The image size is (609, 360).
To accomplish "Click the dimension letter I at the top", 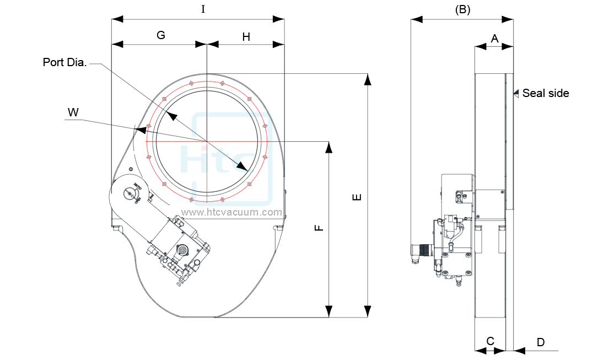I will pos(203,9).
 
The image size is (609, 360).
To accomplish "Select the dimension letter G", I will pos(161,35).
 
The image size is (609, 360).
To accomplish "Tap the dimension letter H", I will pos(246,37).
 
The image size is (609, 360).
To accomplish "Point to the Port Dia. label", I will pos(64,62).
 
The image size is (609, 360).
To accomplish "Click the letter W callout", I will pos(73,112).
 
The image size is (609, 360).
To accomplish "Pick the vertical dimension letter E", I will pos(357,196).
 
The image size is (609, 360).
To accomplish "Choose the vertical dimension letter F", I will pos(319,228).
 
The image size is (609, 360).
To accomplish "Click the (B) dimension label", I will pos(462,9).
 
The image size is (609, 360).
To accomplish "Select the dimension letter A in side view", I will pos(494,38).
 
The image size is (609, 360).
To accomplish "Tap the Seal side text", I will pos(545,93).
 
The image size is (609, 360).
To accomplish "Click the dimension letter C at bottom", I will pos(490,341).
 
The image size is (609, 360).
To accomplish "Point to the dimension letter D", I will pos(541,342).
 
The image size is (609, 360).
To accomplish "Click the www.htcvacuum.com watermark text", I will pos(232,212).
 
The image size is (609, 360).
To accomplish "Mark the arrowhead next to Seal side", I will pos(516,93).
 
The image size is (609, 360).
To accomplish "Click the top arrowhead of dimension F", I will pos(329,147).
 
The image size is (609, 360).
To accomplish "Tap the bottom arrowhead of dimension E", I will pos(367,312).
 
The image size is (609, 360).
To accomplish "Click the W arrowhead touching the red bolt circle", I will pos(142,130).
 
